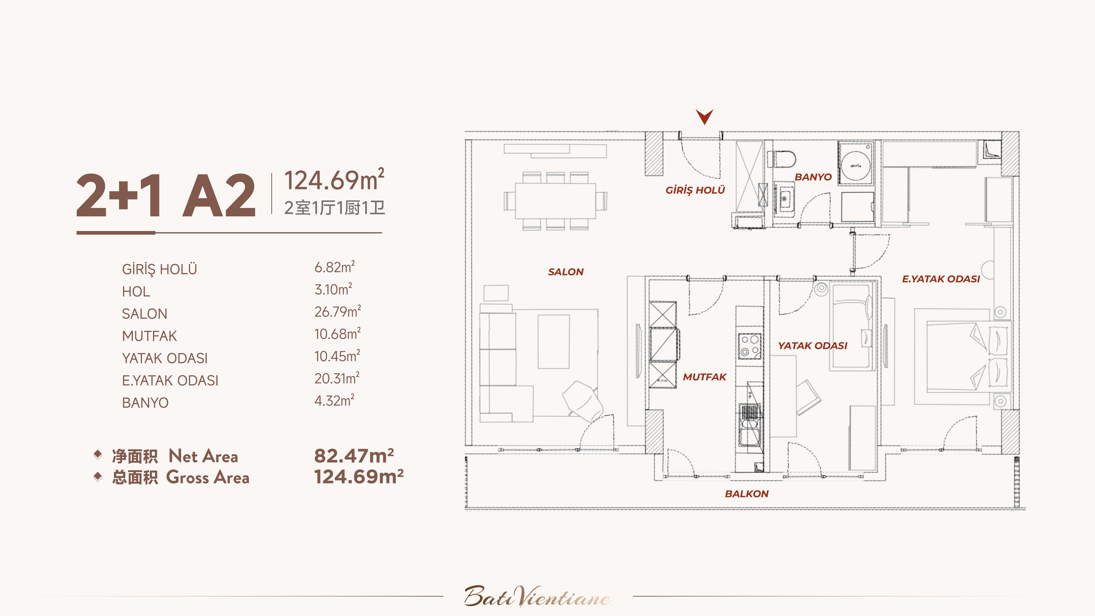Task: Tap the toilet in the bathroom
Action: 782,159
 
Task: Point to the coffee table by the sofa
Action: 553,341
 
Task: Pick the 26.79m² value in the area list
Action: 338,312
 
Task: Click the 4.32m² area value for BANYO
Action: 334,400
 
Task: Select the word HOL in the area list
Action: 136,292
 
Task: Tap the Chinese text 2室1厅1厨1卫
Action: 335,208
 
